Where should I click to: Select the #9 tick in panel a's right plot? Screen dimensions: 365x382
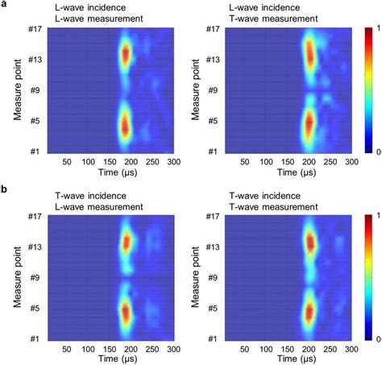[x=212, y=90]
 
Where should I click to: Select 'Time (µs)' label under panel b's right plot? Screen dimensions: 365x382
[x=289, y=360]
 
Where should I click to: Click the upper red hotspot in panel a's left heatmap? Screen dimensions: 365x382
[x=125, y=55]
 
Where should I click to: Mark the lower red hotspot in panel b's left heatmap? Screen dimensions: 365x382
[x=125, y=310]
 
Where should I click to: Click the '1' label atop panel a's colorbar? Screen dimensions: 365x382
[x=378, y=29]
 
